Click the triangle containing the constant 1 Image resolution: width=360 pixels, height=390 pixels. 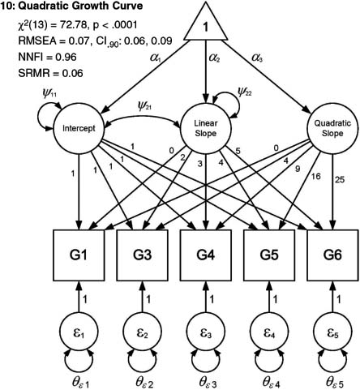coord(206,26)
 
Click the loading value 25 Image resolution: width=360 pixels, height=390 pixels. coord(340,179)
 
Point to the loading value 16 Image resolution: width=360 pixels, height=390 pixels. coord(315,176)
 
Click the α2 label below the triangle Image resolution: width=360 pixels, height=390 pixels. coord(214,58)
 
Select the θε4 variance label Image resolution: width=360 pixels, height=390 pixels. coord(272,382)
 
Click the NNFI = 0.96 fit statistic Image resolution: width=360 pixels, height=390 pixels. coord(47,57)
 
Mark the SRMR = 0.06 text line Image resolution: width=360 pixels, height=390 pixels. coord(50,73)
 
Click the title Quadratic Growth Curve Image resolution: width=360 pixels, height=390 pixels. coord(80,6)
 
